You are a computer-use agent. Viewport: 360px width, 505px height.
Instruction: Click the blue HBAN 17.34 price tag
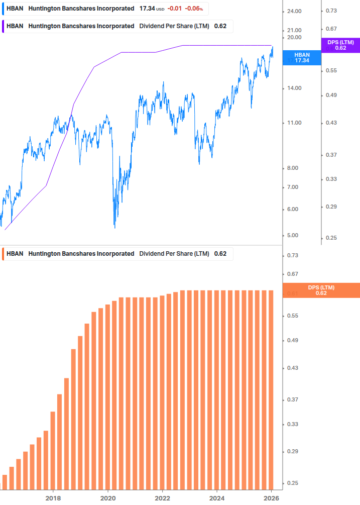(302, 57)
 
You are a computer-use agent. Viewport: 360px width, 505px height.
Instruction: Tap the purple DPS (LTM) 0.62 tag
(340, 45)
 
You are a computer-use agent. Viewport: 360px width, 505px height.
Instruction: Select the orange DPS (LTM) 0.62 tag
(321, 290)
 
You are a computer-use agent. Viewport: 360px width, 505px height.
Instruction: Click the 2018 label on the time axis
(53, 498)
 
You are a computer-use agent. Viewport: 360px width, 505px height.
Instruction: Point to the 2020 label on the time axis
(108, 498)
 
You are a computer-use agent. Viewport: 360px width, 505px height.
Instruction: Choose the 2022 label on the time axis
(163, 498)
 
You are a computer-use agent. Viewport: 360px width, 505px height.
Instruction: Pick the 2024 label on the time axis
(217, 498)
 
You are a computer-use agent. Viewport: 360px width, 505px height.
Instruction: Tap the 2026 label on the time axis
(272, 498)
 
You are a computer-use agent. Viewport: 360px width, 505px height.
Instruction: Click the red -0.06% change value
(194, 9)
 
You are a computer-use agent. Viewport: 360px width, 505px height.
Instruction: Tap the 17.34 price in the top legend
(147, 9)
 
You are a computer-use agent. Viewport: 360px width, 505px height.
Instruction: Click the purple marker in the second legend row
(3, 26)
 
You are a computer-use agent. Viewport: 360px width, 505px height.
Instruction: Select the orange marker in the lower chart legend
(3, 254)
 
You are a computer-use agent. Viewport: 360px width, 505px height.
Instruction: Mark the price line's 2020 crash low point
(114, 228)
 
